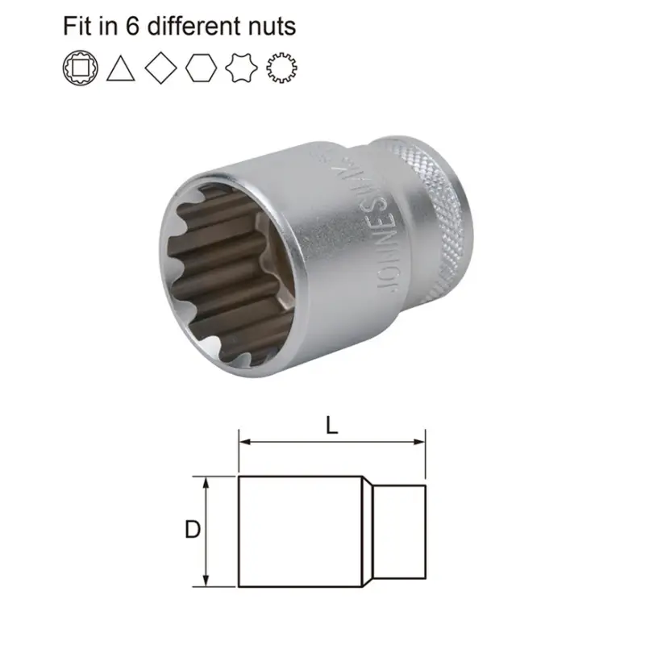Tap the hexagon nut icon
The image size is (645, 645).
(x=201, y=68)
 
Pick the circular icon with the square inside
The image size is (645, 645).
(x=78, y=68)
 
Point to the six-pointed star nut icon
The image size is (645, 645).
(x=241, y=68)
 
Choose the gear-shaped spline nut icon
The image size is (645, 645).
(x=281, y=68)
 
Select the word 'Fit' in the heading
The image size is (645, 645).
(x=77, y=26)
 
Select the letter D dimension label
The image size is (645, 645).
(x=193, y=531)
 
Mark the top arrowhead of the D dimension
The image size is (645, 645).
(x=208, y=481)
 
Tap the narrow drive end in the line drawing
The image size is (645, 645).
(x=401, y=531)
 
